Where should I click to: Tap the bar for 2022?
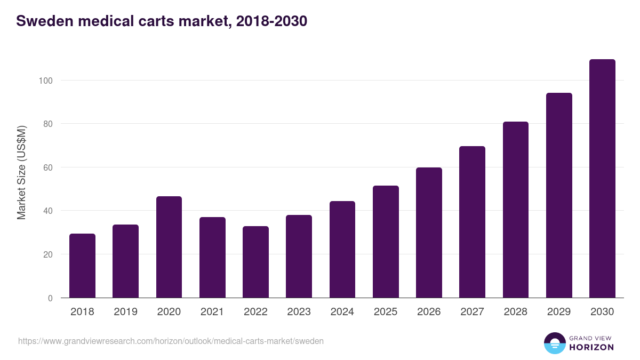coord(255,262)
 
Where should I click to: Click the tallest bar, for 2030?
coord(602,179)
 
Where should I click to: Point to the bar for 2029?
coord(559,195)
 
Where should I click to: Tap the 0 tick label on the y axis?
coord(50,298)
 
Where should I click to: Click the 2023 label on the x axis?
coord(299,312)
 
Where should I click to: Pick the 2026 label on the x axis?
coord(429,312)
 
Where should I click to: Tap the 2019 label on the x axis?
coord(125,312)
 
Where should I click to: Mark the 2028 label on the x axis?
coord(516,312)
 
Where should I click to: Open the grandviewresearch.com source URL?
coord(171,341)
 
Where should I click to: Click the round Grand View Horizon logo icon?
coord(554,343)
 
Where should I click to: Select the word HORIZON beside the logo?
coord(591,347)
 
